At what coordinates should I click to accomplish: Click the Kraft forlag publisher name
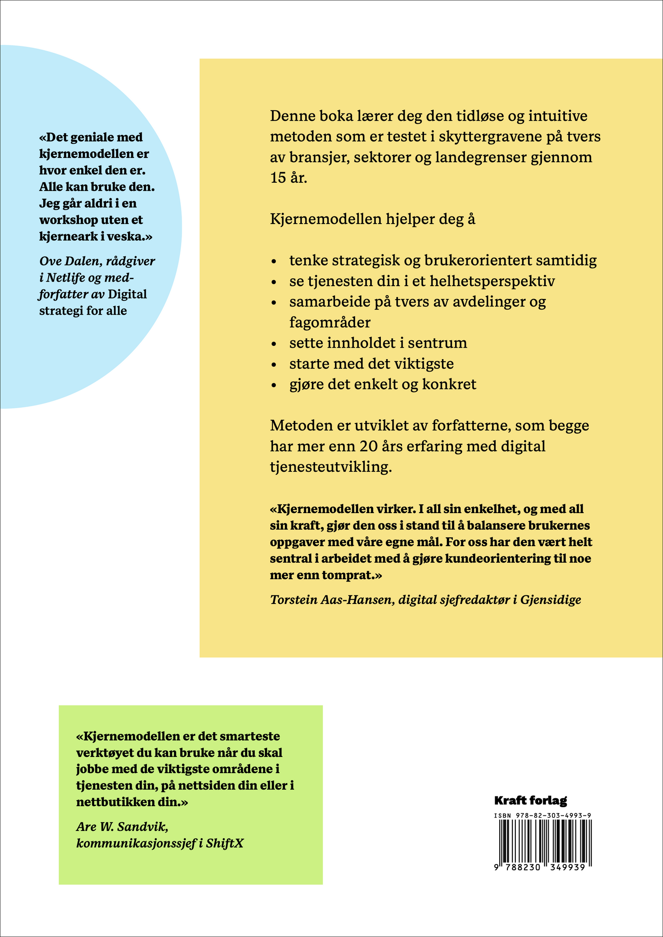coord(530,801)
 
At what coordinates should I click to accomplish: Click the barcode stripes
coord(543,841)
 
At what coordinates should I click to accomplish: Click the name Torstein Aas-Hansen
coord(330,599)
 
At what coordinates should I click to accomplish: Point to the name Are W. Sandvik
coord(122,827)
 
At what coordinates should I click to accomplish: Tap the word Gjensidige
coord(551,599)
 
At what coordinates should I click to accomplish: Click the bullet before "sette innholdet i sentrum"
coord(274,344)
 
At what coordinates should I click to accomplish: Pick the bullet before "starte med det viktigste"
coord(274,365)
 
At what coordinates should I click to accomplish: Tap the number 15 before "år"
coord(278,178)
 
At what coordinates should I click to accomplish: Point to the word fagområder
coord(329,322)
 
